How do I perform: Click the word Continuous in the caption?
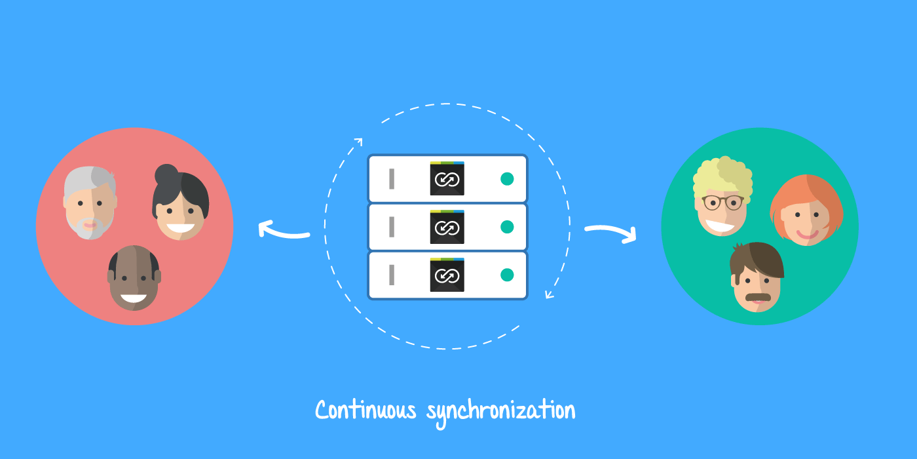click(x=365, y=410)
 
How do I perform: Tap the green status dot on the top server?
click(x=507, y=179)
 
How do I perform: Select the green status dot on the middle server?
click(x=507, y=227)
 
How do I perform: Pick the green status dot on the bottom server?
click(x=507, y=275)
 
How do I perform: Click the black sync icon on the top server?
click(x=447, y=178)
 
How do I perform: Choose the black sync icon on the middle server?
click(x=447, y=227)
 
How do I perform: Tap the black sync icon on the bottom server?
click(x=447, y=275)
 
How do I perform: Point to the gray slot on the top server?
click(x=392, y=179)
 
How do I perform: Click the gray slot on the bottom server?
click(x=392, y=275)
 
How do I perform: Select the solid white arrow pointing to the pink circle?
click(x=282, y=231)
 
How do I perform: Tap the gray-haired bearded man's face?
click(x=90, y=203)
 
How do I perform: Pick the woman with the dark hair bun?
click(x=180, y=207)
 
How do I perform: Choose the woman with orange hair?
click(x=807, y=212)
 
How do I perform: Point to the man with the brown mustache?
click(x=757, y=279)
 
